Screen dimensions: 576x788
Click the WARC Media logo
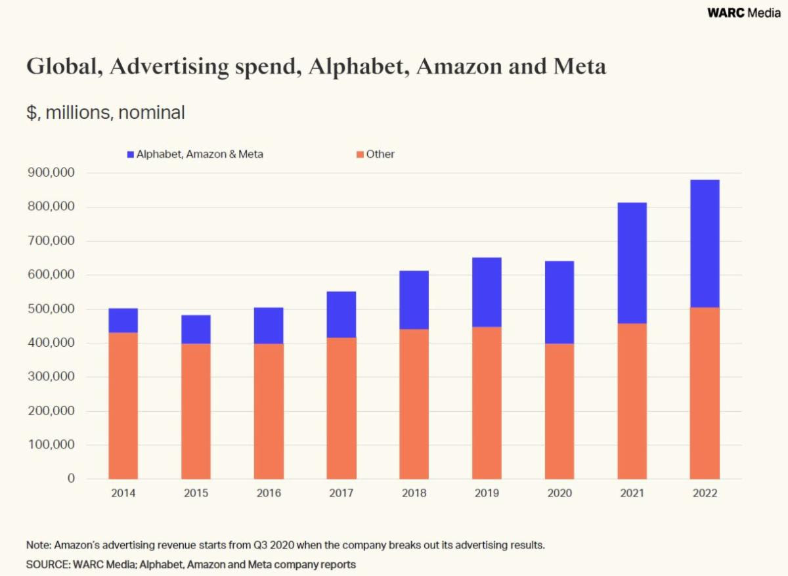(743, 12)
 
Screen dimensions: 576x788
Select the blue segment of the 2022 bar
(705, 244)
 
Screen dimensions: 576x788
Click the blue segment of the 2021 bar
(632, 263)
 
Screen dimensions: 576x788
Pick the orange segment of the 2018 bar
(414, 404)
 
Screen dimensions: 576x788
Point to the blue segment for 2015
(196, 330)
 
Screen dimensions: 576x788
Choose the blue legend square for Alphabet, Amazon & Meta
(131, 154)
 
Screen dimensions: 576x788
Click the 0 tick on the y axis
(71, 479)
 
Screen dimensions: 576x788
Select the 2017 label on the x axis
(341, 493)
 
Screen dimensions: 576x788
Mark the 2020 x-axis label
(559, 493)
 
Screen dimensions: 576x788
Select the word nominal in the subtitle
(152, 113)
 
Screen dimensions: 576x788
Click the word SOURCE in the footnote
(48, 564)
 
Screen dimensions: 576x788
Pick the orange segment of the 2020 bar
(559, 411)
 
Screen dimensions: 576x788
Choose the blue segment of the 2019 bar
(487, 292)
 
